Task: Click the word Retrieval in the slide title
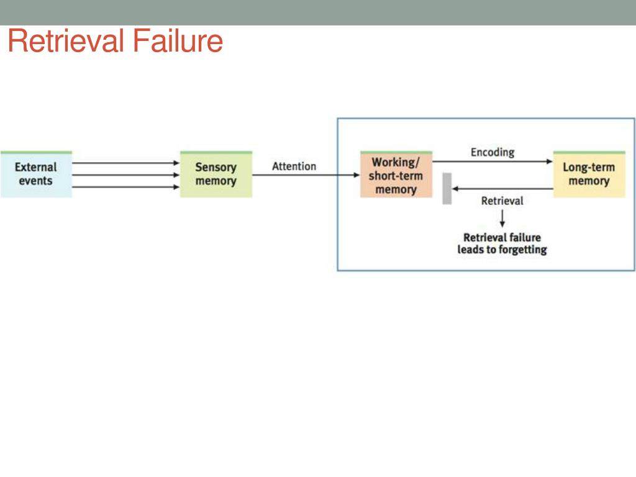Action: (66, 42)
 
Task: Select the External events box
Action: (36, 175)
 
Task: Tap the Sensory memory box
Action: (216, 175)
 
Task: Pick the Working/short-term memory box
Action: (396, 175)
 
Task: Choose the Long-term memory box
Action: (589, 175)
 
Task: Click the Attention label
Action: (294, 166)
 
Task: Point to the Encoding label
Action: (493, 152)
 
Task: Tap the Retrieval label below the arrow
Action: (502, 201)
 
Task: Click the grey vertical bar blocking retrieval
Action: (447, 188)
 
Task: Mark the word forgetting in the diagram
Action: (519, 250)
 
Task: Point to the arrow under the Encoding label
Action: (493, 161)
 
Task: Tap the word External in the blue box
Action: (36, 167)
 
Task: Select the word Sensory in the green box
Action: (216, 167)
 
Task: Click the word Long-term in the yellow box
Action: (589, 167)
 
